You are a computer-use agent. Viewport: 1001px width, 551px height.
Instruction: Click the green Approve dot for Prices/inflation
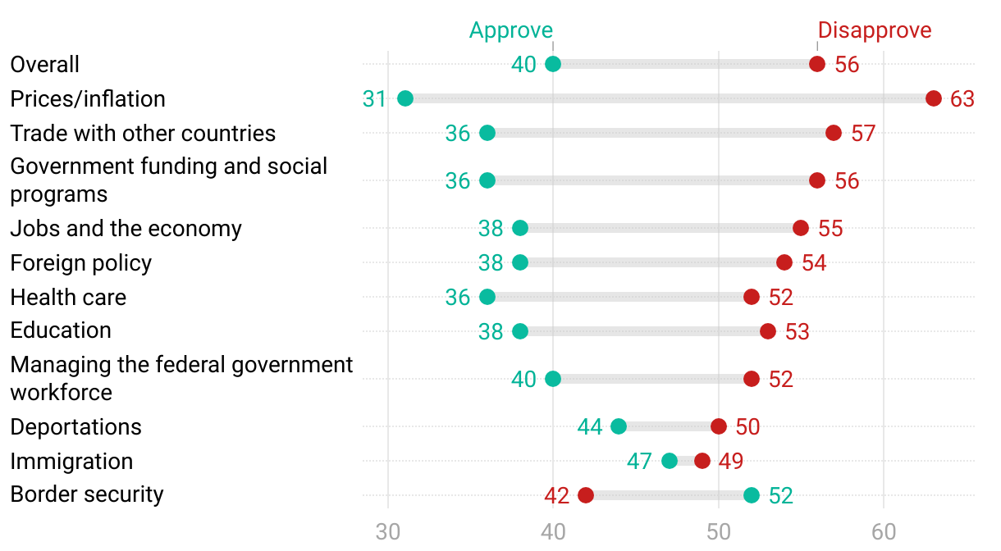pyautogui.click(x=405, y=98)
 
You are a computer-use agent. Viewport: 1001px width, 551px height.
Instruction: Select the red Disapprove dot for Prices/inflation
pyautogui.click(x=933, y=98)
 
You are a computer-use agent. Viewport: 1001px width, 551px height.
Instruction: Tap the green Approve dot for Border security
pyautogui.click(x=752, y=495)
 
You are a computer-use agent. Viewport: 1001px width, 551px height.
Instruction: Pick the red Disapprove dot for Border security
pyautogui.click(x=586, y=495)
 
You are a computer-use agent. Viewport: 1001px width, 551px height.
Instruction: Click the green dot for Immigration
pyautogui.click(x=670, y=461)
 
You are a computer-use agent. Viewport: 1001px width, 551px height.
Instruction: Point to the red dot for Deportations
pyautogui.click(x=719, y=426)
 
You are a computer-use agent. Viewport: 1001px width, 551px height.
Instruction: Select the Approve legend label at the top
pyautogui.click(x=511, y=30)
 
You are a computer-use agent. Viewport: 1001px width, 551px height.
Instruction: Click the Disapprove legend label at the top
pyautogui.click(x=875, y=30)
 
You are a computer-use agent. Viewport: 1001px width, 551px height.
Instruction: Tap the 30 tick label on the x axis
pyautogui.click(x=387, y=531)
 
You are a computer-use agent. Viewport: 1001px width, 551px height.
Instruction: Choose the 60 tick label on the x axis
pyautogui.click(x=884, y=531)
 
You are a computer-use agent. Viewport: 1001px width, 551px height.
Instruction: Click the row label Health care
pyautogui.click(x=68, y=297)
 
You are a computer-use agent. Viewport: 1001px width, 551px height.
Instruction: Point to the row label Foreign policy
pyautogui.click(x=81, y=262)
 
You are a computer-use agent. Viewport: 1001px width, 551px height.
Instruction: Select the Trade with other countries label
pyautogui.click(x=143, y=133)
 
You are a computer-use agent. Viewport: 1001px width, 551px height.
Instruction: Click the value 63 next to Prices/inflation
pyautogui.click(x=962, y=99)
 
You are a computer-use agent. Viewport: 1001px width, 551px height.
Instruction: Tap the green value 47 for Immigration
pyautogui.click(x=639, y=462)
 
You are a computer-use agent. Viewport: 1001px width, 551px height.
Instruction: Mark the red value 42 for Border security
pyautogui.click(x=556, y=496)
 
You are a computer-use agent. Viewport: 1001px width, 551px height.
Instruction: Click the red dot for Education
pyautogui.click(x=768, y=331)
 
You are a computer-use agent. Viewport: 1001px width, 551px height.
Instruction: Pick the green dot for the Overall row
pyautogui.click(x=553, y=64)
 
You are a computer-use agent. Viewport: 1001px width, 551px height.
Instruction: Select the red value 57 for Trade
pyautogui.click(x=863, y=134)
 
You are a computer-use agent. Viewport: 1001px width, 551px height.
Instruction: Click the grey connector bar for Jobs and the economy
pyautogui.click(x=660, y=228)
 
